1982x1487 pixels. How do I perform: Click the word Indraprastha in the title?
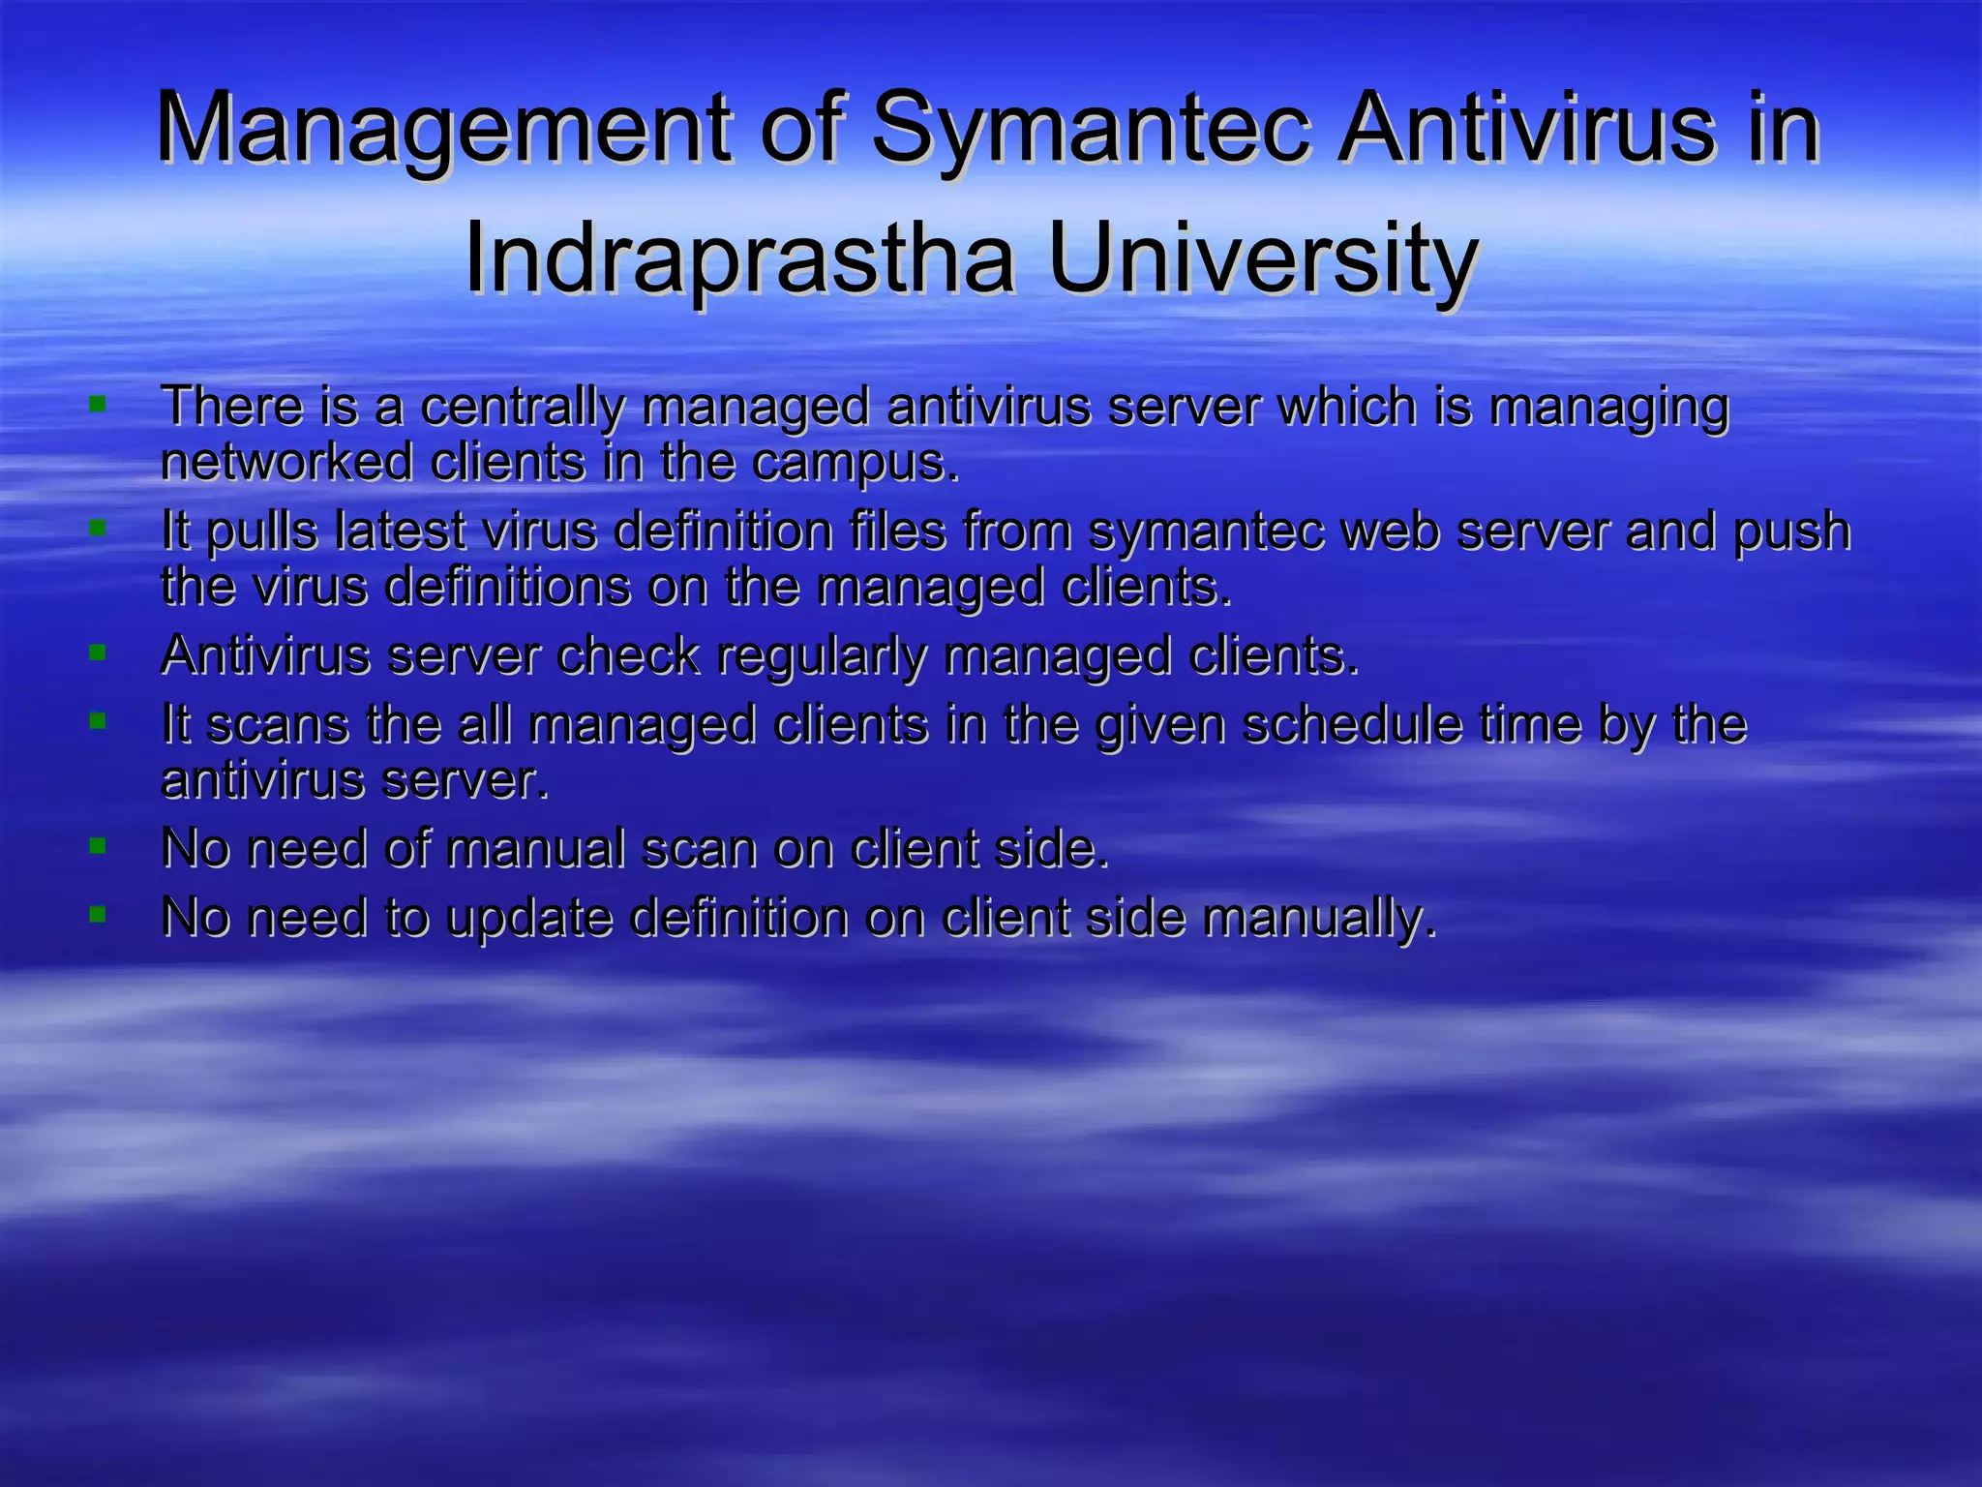pos(739,258)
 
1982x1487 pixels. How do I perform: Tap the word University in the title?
pos(1262,258)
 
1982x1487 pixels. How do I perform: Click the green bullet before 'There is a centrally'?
pos(97,403)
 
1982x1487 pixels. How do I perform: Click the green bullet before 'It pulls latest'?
pos(97,529)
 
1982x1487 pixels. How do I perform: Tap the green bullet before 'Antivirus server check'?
pos(97,653)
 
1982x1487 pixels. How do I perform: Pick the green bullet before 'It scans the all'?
pos(97,721)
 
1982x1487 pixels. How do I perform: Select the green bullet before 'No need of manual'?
pos(97,846)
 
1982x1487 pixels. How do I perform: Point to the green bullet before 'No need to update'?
pos(97,914)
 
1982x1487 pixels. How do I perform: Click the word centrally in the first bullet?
pos(523,407)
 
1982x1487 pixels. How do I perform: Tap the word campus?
pos(856,463)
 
